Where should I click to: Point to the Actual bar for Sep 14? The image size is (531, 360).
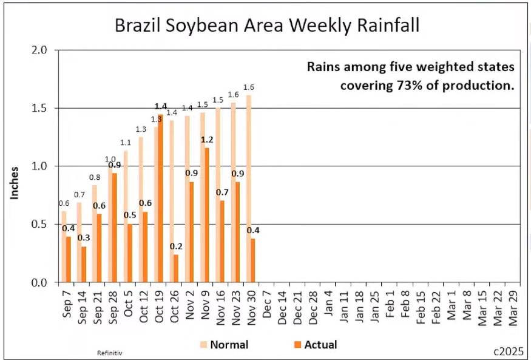(84, 264)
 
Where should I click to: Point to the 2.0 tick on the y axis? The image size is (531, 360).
(39, 50)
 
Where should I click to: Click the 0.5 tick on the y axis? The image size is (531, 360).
(39, 224)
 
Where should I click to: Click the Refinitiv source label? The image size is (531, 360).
(107, 352)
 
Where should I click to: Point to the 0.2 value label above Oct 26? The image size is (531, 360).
(176, 246)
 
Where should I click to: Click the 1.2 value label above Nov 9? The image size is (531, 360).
(208, 140)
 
